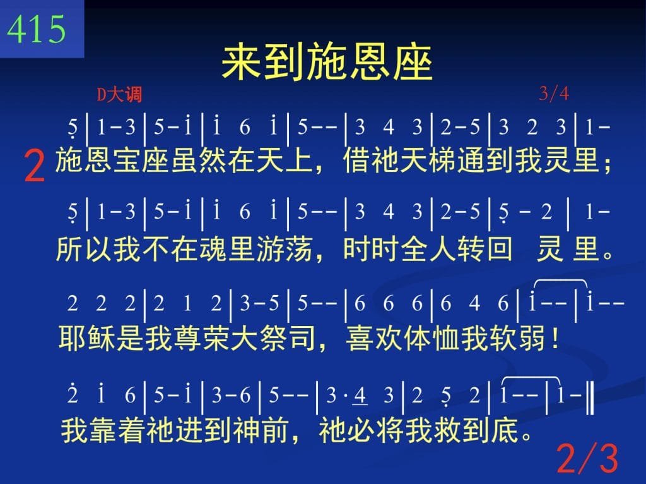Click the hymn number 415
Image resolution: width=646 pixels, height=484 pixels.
(x=36, y=29)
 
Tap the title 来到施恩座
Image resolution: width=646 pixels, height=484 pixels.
(x=327, y=63)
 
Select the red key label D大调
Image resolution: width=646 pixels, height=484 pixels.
(x=119, y=95)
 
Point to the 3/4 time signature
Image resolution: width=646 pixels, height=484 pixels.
(x=554, y=94)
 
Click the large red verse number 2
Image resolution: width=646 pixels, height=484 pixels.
(x=34, y=166)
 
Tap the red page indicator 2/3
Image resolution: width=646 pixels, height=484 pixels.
(x=587, y=458)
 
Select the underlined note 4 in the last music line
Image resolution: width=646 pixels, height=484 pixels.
(x=360, y=396)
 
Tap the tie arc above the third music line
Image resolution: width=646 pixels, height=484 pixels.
(x=560, y=281)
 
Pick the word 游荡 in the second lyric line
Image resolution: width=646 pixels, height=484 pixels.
(x=285, y=249)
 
